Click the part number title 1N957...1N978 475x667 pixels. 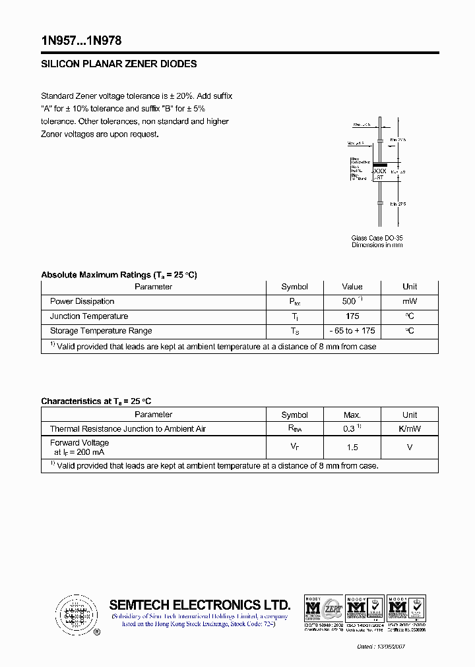[x=80, y=41]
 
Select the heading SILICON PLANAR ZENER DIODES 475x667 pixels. [x=119, y=65]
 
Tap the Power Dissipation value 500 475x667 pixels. [x=350, y=301]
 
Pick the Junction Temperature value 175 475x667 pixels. [x=352, y=316]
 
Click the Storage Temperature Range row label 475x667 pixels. [x=101, y=331]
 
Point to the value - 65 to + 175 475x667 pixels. [x=352, y=331]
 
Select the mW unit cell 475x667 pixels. [x=410, y=301]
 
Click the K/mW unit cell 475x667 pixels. [x=410, y=429]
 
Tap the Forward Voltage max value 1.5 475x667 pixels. [x=352, y=448]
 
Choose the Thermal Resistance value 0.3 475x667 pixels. [x=350, y=429]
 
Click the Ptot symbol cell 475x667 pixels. [x=294, y=302]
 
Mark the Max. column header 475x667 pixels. [x=352, y=415]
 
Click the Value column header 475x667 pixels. [x=352, y=287]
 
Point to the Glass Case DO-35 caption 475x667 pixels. [x=377, y=238]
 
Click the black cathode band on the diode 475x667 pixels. [x=380, y=163]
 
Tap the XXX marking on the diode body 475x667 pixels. [x=380, y=171]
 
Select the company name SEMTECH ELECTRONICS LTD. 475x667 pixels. [x=199, y=605]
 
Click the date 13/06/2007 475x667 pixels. [x=389, y=647]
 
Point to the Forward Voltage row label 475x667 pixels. [x=79, y=443]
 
